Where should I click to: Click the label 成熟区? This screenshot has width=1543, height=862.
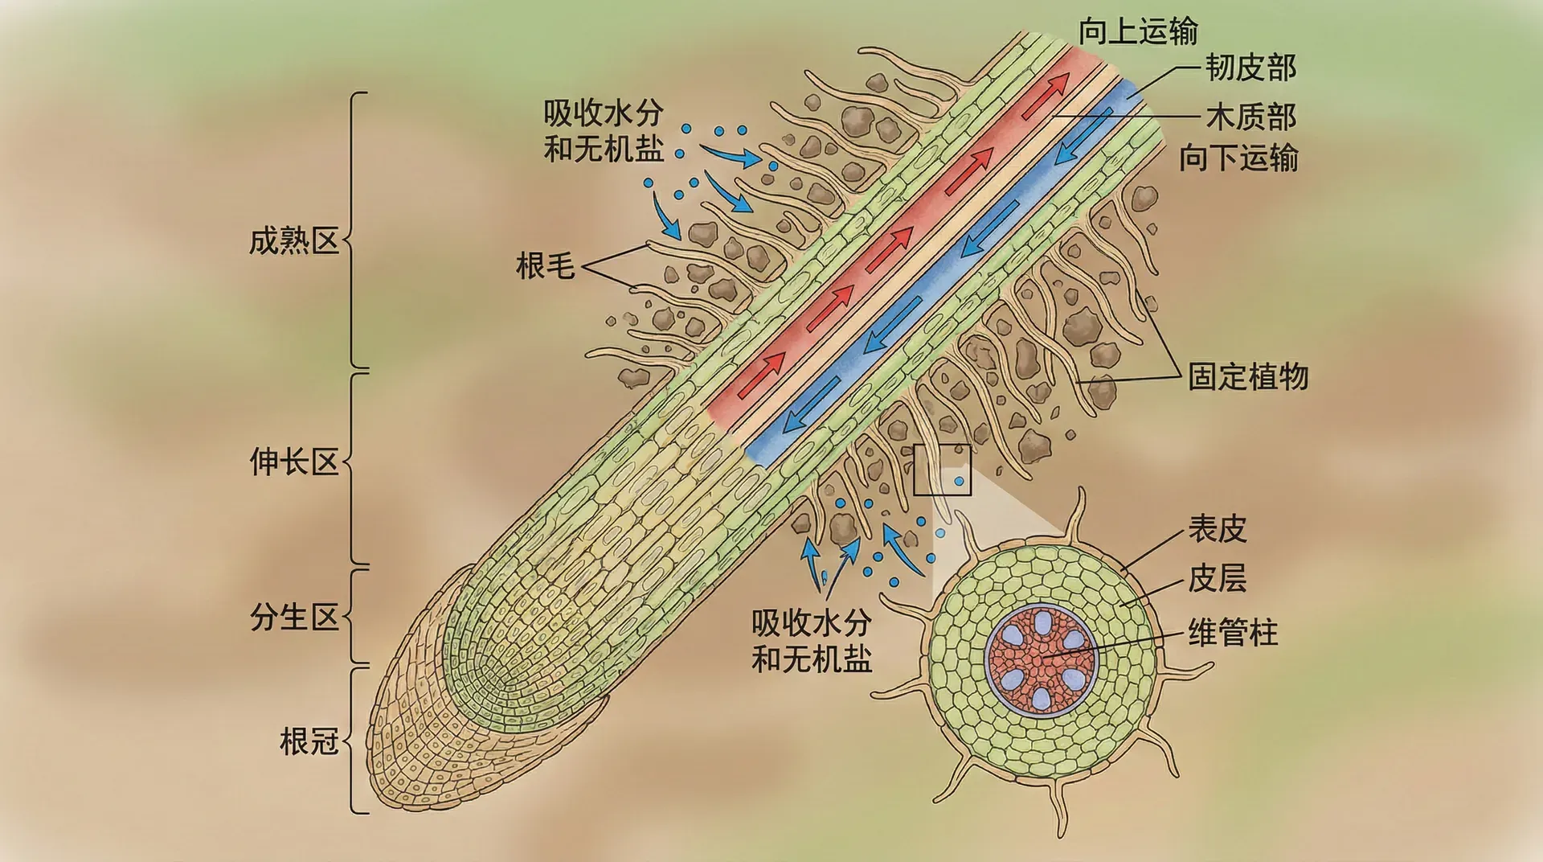pos(294,241)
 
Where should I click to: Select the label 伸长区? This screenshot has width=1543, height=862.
pos(294,462)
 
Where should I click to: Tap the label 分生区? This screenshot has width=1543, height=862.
pos(294,618)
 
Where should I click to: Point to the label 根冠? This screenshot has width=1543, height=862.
pos(309,741)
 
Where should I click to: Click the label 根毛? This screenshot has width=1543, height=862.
pos(546,266)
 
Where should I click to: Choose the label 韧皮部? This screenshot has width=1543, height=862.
pos(1250,68)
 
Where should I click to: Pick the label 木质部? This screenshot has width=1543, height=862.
pos(1250,117)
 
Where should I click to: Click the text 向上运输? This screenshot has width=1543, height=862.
pos(1138,32)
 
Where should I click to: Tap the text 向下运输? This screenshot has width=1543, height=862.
pos(1238,158)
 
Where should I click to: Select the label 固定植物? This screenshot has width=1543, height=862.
pos(1248,376)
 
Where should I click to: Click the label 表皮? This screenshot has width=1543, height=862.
pos(1218,529)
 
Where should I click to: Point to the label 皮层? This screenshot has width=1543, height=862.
pos(1218,578)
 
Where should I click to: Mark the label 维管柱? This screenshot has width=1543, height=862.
pos(1233,633)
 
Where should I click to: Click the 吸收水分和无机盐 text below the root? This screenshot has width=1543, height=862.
pos(812,641)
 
